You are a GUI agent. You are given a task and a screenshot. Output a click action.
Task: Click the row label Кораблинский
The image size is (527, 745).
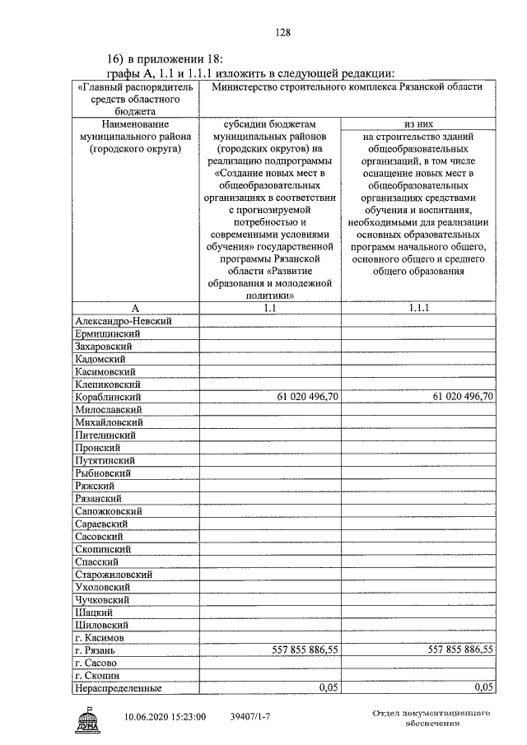[x=109, y=397]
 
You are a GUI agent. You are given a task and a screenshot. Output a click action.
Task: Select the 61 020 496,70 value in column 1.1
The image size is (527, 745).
[x=305, y=397]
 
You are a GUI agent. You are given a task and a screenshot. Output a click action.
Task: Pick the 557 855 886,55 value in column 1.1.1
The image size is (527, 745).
[x=461, y=650]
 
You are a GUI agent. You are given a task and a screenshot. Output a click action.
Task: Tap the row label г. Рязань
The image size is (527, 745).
[x=99, y=650]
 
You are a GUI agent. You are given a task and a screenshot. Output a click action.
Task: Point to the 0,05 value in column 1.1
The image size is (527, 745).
[x=329, y=688]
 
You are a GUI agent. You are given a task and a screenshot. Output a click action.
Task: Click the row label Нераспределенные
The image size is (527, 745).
[x=118, y=688]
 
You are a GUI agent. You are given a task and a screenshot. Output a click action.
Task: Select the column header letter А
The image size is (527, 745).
[x=136, y=308]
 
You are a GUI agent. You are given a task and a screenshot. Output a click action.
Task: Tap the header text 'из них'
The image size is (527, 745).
[x=420, y=123]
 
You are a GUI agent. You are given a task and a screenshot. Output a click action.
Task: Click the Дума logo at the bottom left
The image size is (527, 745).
[x=88, y=719]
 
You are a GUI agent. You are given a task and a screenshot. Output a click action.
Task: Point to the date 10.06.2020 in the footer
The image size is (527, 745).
[x=152, y=717]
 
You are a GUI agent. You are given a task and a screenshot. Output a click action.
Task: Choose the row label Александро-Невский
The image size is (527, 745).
[x=123, y=320]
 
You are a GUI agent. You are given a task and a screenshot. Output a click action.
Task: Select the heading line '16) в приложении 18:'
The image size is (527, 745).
[x=165, y=59]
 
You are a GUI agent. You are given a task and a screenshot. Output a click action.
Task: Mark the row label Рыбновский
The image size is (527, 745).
[x=104, y=473]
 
